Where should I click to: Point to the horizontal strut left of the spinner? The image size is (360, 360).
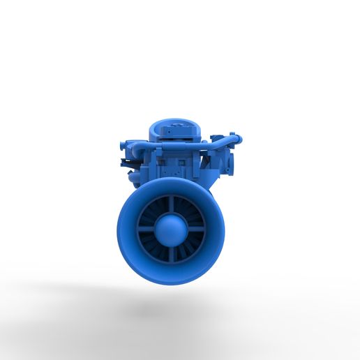click(147, 228)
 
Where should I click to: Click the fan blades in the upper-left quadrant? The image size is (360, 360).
click(155, 212)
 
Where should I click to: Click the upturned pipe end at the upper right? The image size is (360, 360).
click(237, 138)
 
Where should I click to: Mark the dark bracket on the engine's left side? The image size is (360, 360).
click(127, 164)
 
